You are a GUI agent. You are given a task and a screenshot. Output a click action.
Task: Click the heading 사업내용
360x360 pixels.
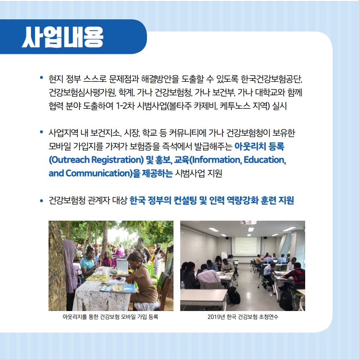pyautogui.click(x=62, y=37)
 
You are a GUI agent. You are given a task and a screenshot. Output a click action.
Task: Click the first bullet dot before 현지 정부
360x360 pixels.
pyautogui.click(x=41, y=77)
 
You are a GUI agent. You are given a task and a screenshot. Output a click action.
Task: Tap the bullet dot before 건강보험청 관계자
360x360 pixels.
pyautogui.click(x=41, y=201)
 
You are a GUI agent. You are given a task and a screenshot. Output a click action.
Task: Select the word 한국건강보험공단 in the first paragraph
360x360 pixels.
pyautogui.click(x=271, y=79)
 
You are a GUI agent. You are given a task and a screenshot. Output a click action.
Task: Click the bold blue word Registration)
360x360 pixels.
pyautogui.click(x=118, y=160)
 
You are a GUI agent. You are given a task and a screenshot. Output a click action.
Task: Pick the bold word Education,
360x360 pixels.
pyautogui.click(x=265, y=160)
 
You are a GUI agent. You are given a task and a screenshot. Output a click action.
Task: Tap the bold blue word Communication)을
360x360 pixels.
pyautogui.click(x=103, y=173)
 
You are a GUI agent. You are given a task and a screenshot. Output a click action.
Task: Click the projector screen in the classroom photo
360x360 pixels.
pyautogui.click(x=246, y=246)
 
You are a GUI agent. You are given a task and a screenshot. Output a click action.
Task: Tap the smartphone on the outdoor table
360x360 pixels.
pyautogui.click(x=119, y=279)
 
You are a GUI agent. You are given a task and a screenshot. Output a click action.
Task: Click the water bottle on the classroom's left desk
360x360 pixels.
pyautogui.click(x=182, y=285)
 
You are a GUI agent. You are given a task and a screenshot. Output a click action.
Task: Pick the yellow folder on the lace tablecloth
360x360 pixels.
pyautogui.click(x=97, y=279)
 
